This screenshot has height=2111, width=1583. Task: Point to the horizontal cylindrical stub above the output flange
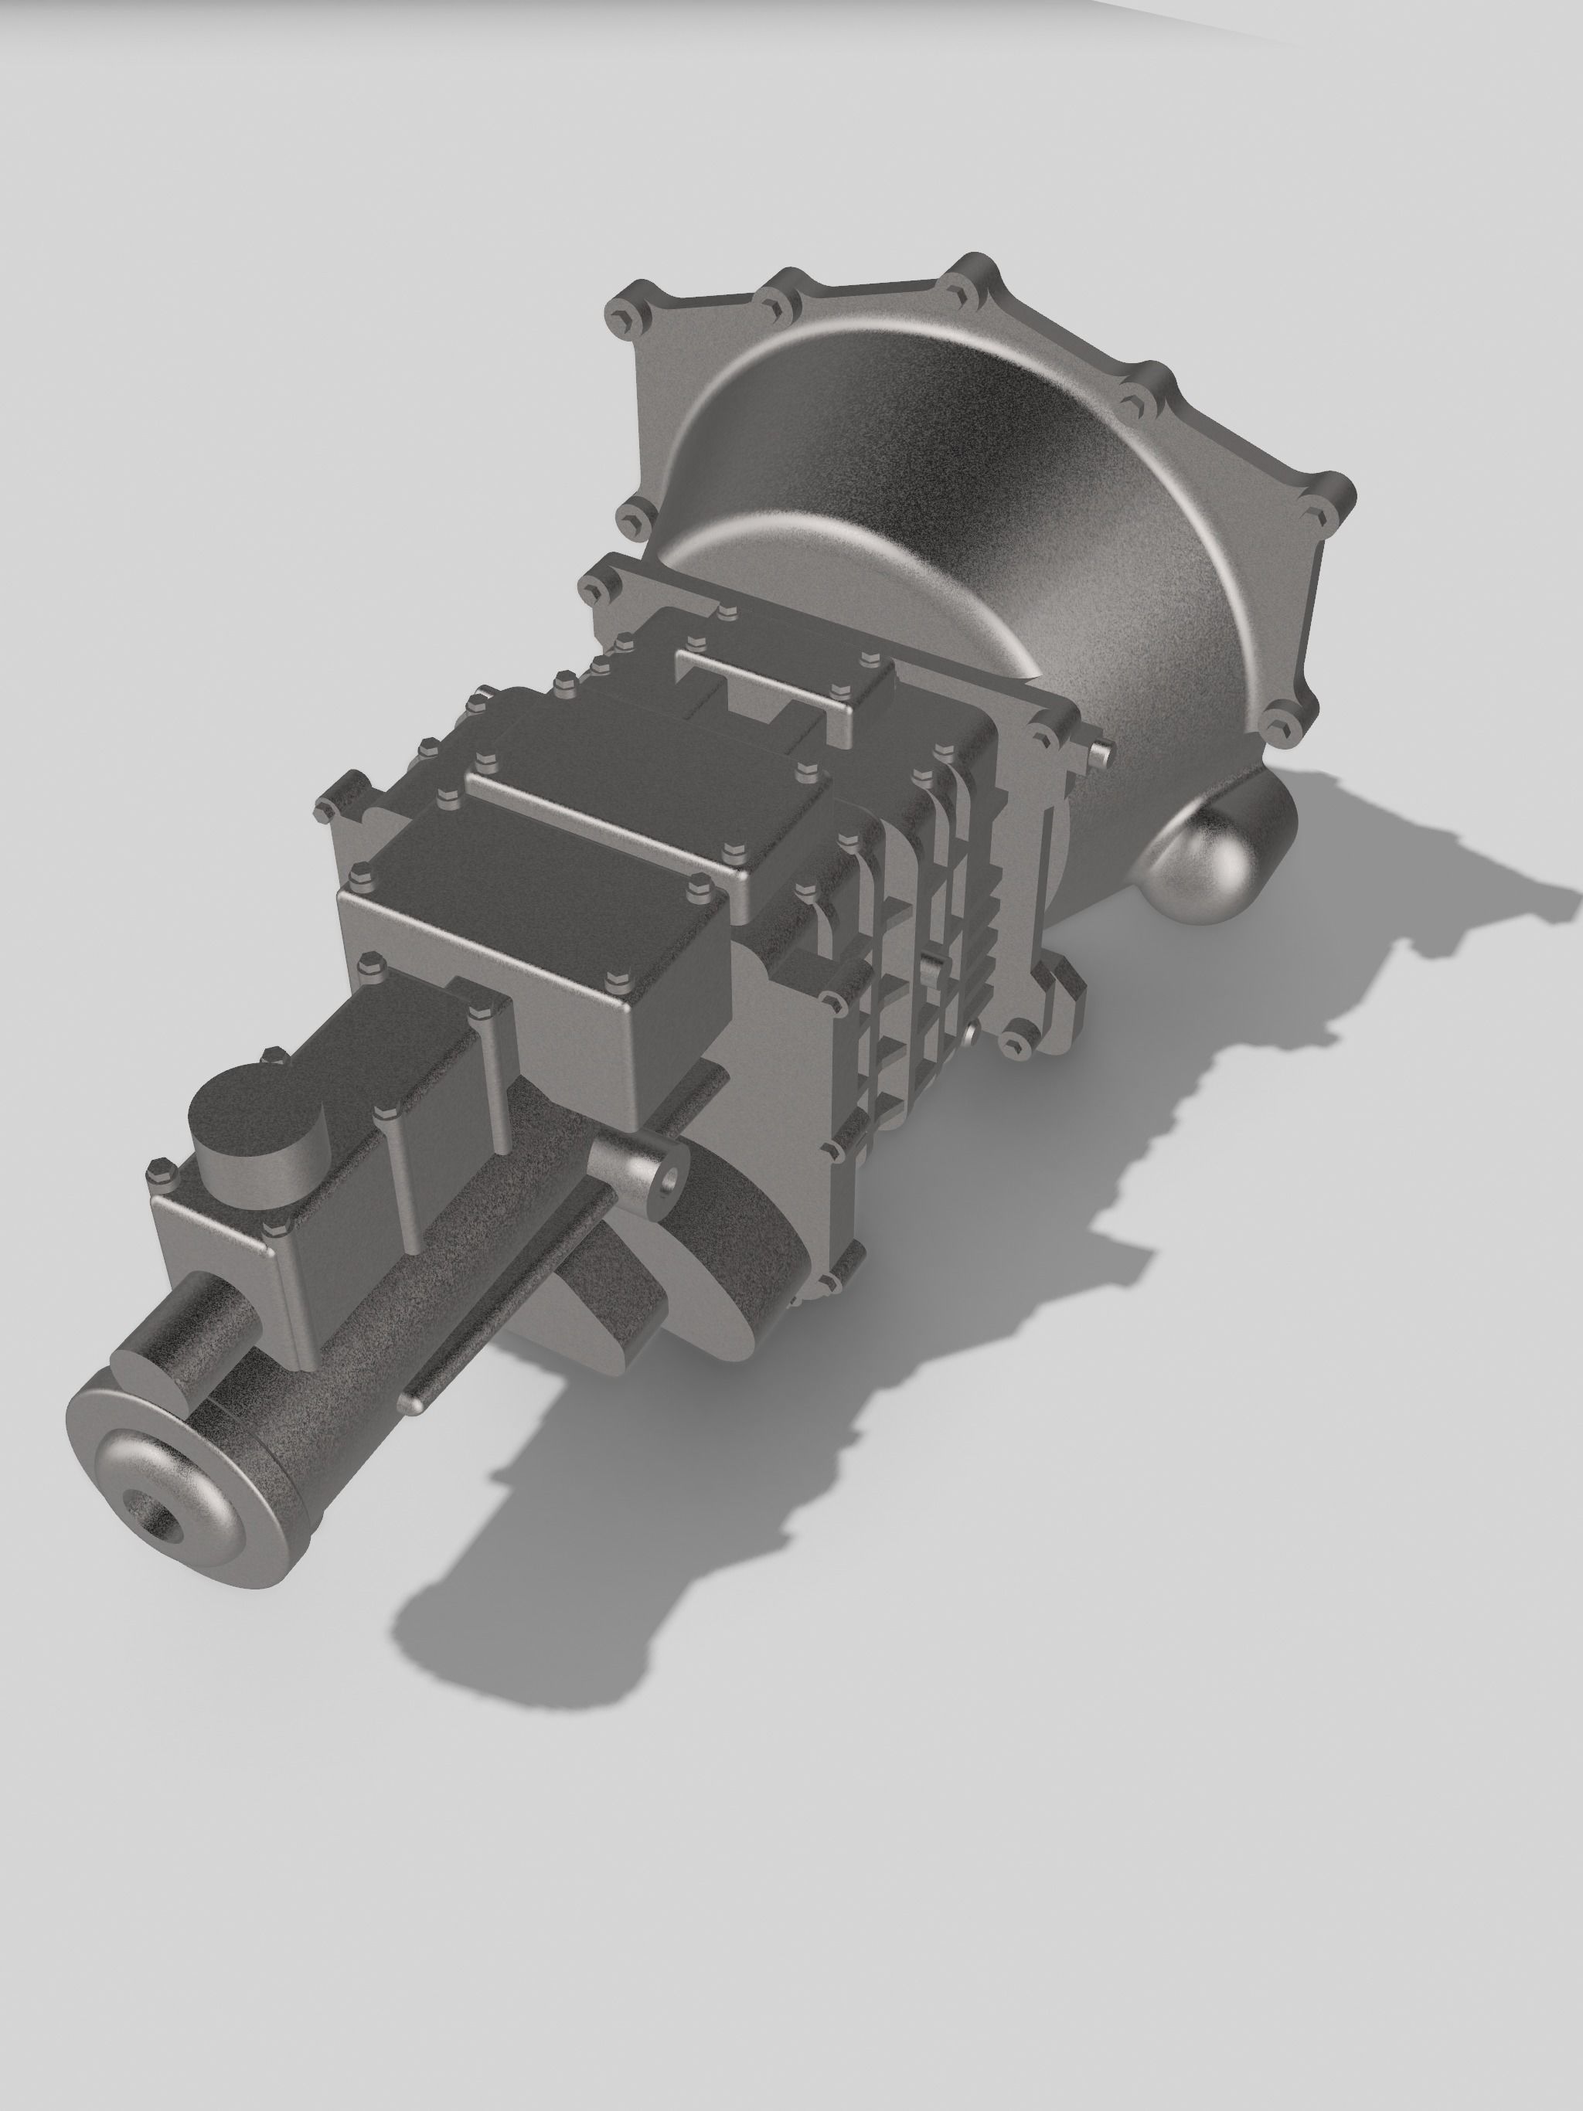tap(182, 1344)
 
